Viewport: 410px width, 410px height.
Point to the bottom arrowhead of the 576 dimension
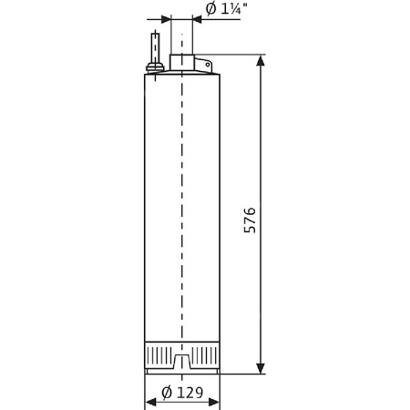pos(261,368)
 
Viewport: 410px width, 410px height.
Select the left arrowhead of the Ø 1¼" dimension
pos(166,19)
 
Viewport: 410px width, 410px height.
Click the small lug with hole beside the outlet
pos(204,65)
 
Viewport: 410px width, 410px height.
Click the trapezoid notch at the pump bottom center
pos(182,365)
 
